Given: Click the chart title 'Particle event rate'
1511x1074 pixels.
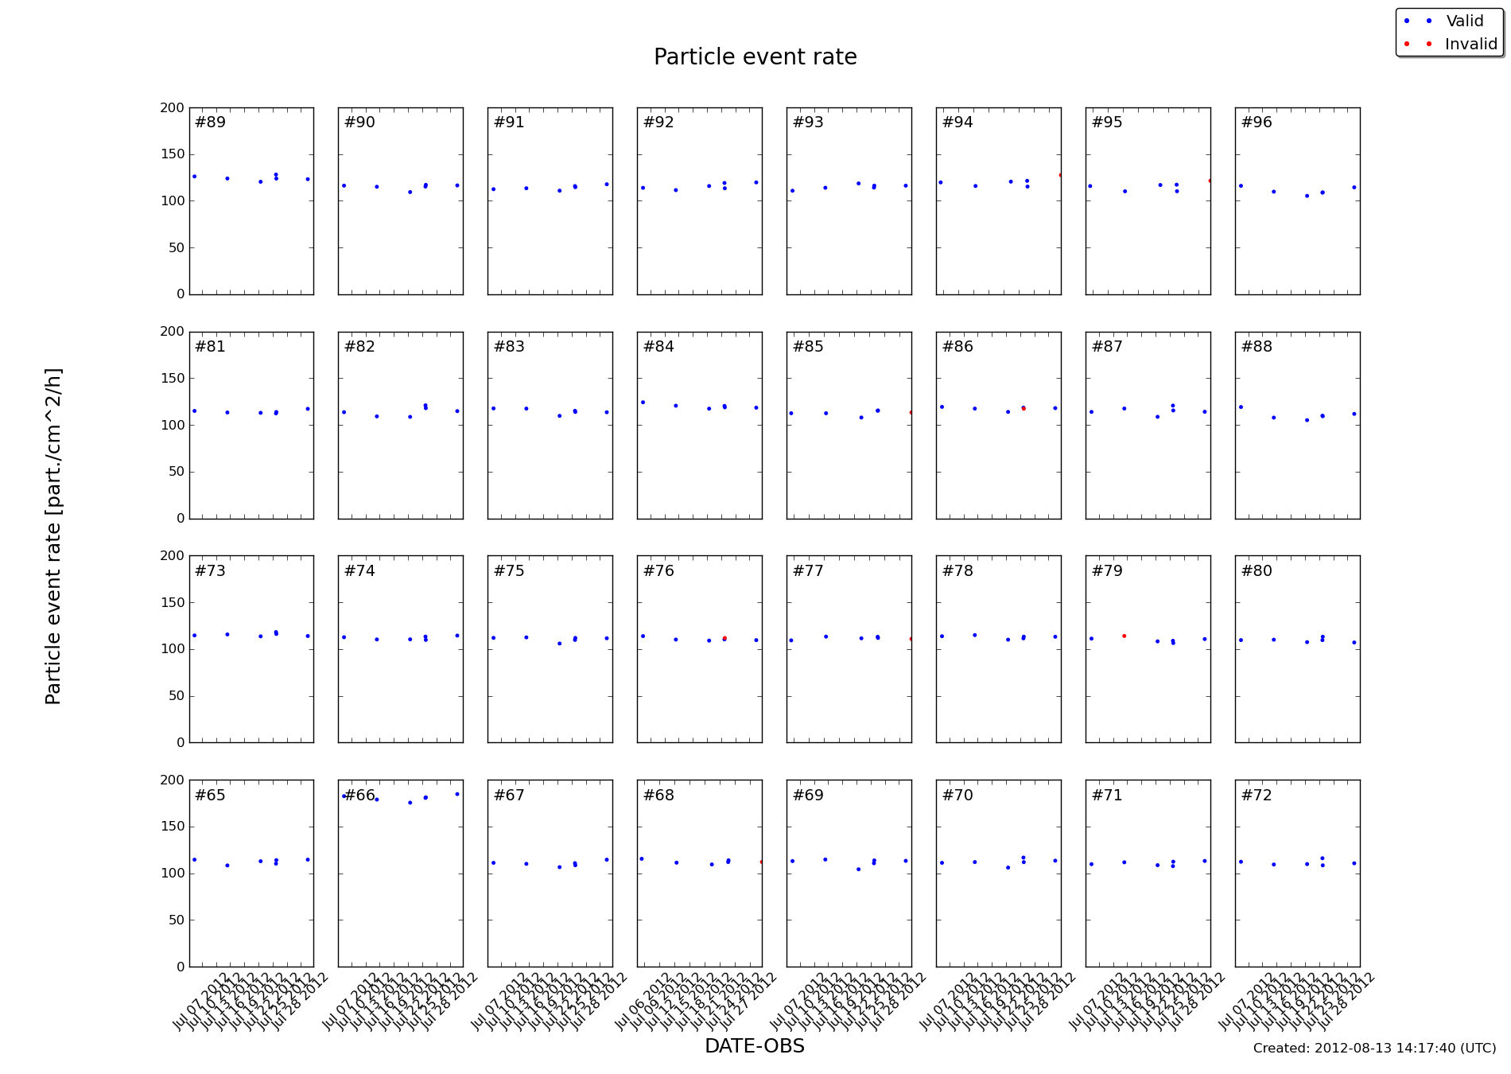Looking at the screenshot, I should click(755, 57).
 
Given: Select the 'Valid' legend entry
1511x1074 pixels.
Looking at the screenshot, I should click(1464, 21).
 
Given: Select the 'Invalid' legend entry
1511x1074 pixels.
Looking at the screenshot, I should click(1470, 45).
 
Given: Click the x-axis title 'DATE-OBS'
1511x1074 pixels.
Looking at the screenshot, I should click(754, 1046).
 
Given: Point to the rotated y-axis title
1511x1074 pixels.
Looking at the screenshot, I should click(53, 536).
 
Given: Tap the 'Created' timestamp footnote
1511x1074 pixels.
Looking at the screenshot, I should click(1374, 1049).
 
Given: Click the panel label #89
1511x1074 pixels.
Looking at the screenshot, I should click(210, 123).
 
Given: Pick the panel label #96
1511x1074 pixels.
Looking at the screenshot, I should click(1257, 123).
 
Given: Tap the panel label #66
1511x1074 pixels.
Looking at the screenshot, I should click(359, 796).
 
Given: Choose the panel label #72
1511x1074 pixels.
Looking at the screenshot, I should click(1257, 796).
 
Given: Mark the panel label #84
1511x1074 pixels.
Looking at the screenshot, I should click(658, 347).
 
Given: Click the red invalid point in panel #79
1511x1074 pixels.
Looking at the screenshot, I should click(1124, 636).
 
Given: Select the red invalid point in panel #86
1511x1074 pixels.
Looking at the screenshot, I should click(1024, 408).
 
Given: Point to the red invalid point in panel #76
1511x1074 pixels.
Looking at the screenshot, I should click(724, 638).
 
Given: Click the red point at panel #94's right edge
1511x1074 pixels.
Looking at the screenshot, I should click(1060, 175).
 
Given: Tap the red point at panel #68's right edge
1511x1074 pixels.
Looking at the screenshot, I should click(761, 862).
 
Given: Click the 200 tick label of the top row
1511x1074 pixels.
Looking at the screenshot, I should click(172, 107).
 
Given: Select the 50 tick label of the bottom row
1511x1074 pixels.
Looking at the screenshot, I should click(177, 920).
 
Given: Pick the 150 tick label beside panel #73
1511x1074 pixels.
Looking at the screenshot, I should click(172, 602).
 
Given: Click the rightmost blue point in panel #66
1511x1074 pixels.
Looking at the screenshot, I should click(457, 794).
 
